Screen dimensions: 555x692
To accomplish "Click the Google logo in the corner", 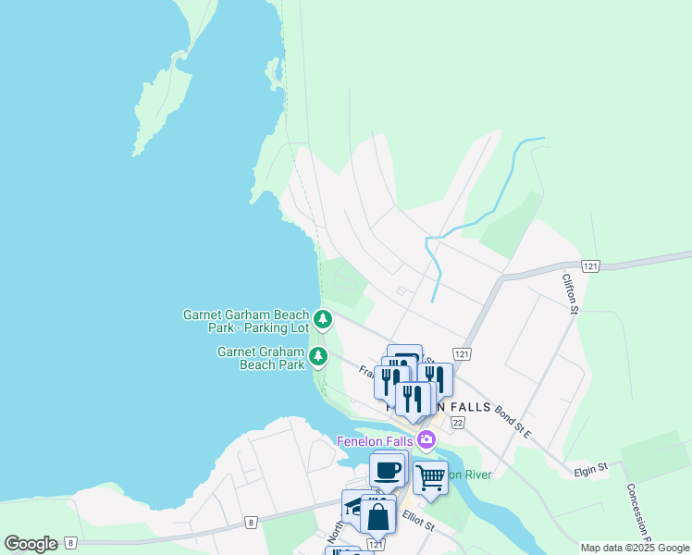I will pos(31,544).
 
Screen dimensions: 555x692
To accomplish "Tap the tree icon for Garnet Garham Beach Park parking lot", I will pos(322,320).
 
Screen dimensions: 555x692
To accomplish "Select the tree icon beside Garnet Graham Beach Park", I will pos(318,356).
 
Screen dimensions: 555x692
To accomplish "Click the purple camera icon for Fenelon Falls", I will pos(426,439).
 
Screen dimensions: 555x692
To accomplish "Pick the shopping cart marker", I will pos(430,477).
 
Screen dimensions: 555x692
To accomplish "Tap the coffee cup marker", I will pos(388,470).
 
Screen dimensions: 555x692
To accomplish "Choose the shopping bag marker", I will pos(378,516).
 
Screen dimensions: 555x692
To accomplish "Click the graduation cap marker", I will pos(355,506).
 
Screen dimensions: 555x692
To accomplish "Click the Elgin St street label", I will pos(589,469).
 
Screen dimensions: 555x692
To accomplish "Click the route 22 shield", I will pos(457,422).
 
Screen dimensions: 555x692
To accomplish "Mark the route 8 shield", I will pos(250,523).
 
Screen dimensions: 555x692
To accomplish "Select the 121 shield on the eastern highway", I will pos(592,266).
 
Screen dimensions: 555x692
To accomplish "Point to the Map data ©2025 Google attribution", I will pos(635,548).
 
